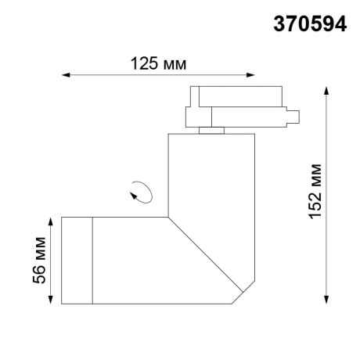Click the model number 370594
click(308, 23)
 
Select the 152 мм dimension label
click(315, 192)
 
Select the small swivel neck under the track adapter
click(209, 130)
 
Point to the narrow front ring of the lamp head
click(77, 261)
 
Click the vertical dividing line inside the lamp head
click(93, 261)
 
